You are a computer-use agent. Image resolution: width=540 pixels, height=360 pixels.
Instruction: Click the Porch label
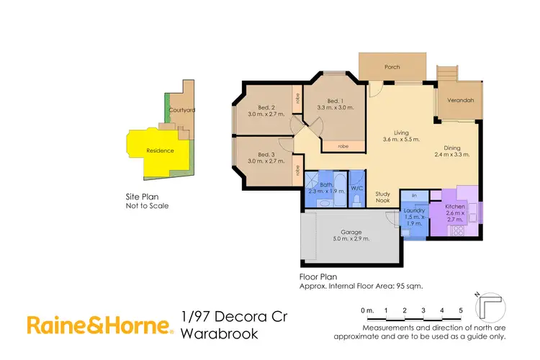tap(392, 67)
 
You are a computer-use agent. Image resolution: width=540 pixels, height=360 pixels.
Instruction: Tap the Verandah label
tap(459, 100)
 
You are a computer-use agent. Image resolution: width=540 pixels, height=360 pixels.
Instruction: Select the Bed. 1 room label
tap(332, 100)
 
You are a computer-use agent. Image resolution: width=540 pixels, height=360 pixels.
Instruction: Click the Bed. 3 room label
tap(266, 154)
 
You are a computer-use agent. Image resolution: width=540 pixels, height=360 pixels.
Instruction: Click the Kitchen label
tap(455, 207)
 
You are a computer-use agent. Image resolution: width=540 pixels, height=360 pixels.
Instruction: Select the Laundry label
tap(414, 210)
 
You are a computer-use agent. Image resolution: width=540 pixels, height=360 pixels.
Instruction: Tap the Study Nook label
tap(383, 198)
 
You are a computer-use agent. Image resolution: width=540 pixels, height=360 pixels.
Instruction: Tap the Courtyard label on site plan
tap(181, 110)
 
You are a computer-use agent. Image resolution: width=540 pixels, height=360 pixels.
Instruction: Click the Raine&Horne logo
tap(100, 325)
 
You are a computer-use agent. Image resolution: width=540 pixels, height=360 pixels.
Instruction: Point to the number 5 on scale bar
tap(461, 310)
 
